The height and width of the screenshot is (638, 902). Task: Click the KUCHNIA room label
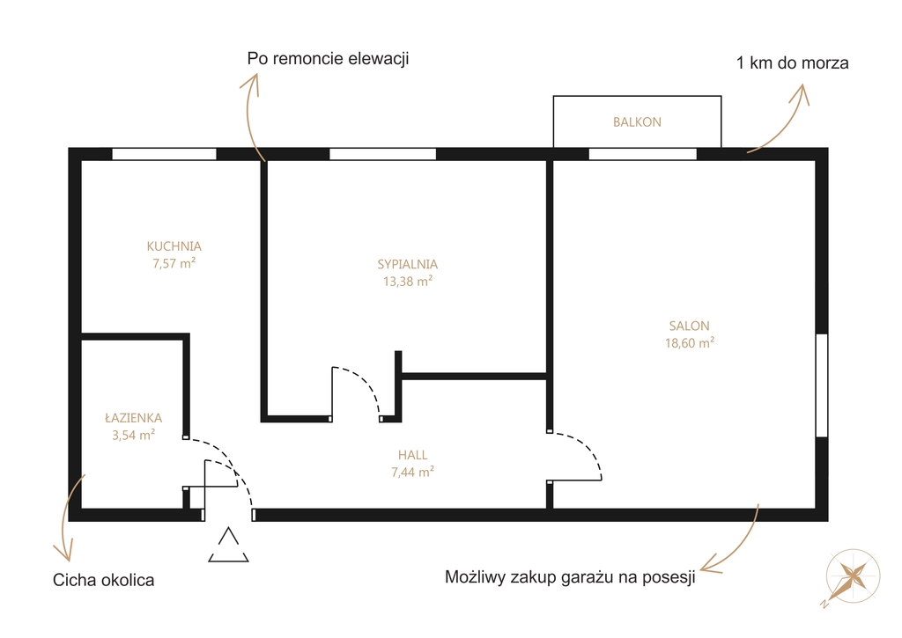pyautogui.click(x=174, y=246)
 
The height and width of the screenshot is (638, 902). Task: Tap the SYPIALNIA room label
pyautogui.click(x=407, y=264)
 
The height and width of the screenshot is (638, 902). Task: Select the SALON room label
pyautogui.click(x=689, y=326)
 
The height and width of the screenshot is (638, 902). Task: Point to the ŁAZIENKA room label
pyautogui.click(x=134, y=418)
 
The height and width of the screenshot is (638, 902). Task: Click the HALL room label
pyautogui.click(x=412, y=455)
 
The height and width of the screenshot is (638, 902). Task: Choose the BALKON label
pyautogui.click(x=637, y=121)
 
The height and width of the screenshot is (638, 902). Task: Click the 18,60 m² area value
pyautogui.click(x=690, y=343)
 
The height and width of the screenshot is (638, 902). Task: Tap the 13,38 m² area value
pyautogui.click(x=408, y=281)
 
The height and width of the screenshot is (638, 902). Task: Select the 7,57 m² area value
pyautogui.click(x=174, y=263)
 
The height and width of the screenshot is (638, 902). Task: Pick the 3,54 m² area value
pyautogui.click(x=134, y=435)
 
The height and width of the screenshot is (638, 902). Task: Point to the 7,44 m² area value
pyautogui.click(x=412, y=472)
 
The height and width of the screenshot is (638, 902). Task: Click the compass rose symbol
pyautogui.click(x=853, y=576)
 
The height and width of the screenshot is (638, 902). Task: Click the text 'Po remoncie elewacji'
pyautogui.click(x=328, y=59)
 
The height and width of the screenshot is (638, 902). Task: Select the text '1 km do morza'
pyautogui.click(x=792, y=62)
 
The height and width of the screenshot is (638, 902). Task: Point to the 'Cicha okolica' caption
pyautogui.click(x=104, y=580)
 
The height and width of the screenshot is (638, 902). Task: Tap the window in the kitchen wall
pyautogui.click(x=164, y=154)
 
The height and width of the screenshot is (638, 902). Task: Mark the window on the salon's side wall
pyautogui.click(x=822, y=385)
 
